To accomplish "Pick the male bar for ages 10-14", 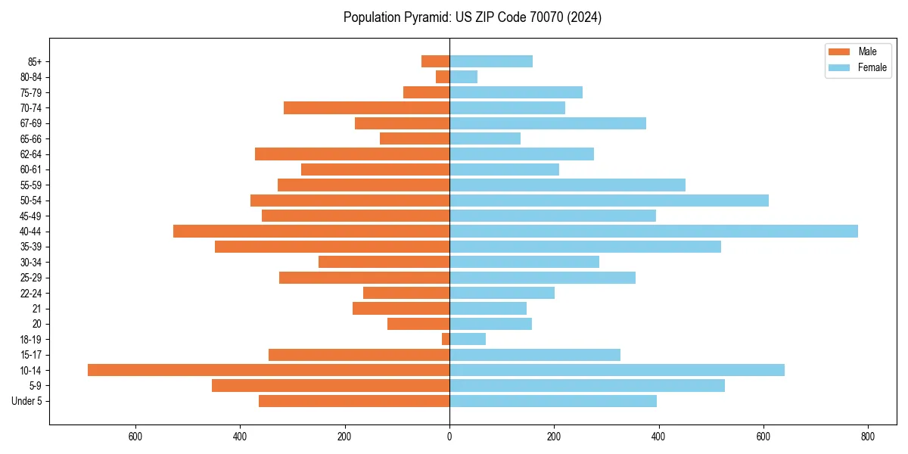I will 269,370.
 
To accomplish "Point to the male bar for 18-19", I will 446,339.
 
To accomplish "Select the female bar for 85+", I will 491,61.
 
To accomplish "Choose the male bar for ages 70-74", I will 367,107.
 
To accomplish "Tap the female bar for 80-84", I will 464,76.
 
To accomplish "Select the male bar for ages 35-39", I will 332,247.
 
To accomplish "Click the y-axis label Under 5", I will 26,401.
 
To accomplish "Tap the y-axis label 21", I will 36,309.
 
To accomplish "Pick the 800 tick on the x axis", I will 868,437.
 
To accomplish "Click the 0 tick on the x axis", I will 449,437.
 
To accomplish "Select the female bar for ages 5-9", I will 587,385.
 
